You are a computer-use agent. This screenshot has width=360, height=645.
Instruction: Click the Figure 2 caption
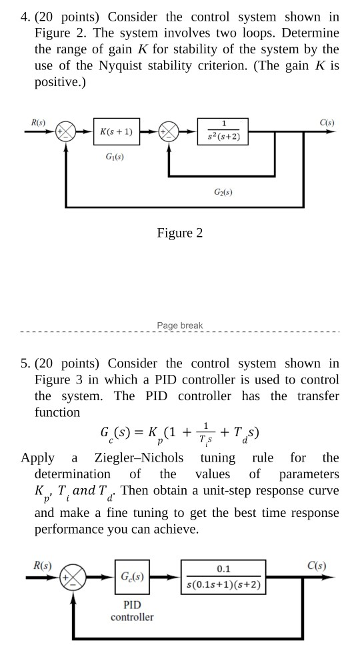180,233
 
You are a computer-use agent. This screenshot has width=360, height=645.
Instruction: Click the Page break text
180,326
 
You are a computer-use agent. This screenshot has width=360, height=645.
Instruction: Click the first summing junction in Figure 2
66,132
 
